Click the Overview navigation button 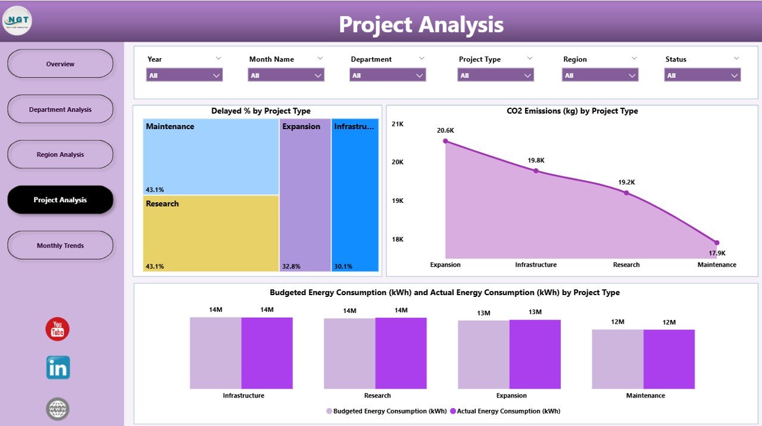(60, 64)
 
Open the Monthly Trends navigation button (60, 245)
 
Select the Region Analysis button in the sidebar (60, 155)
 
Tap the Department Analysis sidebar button (60, 109)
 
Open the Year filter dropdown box (184, 76)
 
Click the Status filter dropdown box (702, 76)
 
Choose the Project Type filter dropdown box (495, 76)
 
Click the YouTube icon (58, 329)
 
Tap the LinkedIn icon (58, 368)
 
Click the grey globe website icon (58, 409)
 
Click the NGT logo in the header (17, 21)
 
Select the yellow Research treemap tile (211, 233)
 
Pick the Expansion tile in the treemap (305, 195)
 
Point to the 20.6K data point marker (445, 141)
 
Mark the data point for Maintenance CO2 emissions (717, 243)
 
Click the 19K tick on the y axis (396, 201)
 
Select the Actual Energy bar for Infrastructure (267, 353)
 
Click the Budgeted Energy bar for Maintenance (617, 359)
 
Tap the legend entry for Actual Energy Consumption (505, 411)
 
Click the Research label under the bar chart (377, 396)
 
